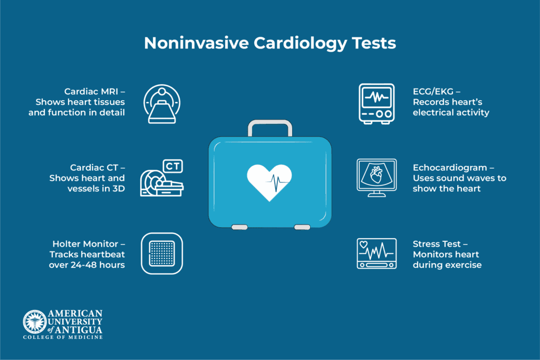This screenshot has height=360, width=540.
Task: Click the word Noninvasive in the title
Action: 196,43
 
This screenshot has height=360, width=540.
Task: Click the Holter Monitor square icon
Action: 162,254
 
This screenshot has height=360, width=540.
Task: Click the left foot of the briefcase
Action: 239,227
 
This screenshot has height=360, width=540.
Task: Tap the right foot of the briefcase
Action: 302,227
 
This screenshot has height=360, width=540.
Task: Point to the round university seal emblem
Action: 35,322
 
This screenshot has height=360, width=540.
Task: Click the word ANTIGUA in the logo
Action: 79,330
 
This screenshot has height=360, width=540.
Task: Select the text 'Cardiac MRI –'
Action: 95,92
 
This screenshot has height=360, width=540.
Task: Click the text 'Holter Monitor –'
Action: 89,244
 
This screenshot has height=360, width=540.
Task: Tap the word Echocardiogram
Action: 450,168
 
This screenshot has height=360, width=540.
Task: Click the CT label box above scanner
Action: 172,166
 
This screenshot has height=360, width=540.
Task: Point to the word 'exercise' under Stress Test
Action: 464,265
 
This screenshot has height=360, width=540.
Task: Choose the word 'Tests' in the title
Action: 374,43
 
